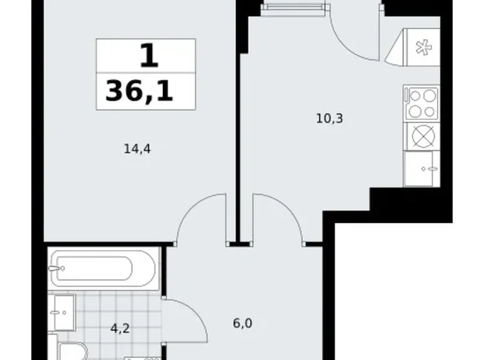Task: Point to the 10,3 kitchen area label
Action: pos(329,117)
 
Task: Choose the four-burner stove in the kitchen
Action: pos(421,103)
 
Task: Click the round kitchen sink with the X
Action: pos(421,136)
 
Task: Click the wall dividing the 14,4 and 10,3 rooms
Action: pos(237,124)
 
